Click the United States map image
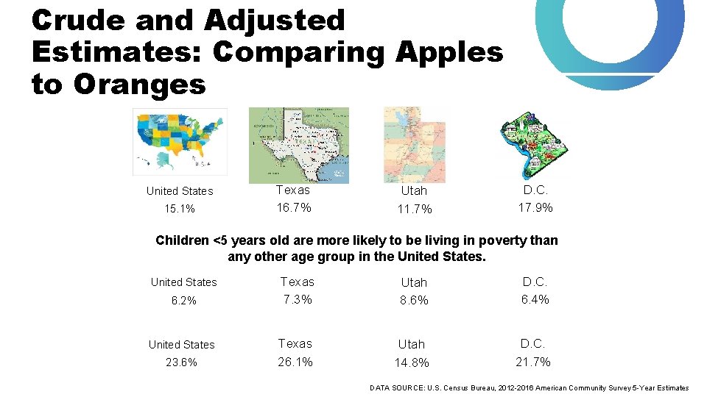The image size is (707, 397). tap(180, 141)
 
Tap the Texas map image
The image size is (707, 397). tap(299, 145)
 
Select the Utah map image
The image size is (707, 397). tap(415, 144)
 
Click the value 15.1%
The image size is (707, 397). tap(180, 209)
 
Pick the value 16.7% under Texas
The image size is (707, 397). tap(294, 208)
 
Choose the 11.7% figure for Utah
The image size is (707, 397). tap(415, 210)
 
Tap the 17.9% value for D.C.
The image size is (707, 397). tap(535, 207)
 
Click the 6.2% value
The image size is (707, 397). tap(183, 301)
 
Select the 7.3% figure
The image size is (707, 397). tap(296, 299)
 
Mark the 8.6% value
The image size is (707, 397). tap(413, 301)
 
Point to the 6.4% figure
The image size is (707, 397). tap(535, 299)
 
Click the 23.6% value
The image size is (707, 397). tap(182, 362)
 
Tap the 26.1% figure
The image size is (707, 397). tap(295, 362)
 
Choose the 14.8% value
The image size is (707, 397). tap(412, 362)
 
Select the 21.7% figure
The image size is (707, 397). tap(533, 362)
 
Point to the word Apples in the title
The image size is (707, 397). tap(449, 53)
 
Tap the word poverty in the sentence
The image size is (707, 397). tap(503, 240)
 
